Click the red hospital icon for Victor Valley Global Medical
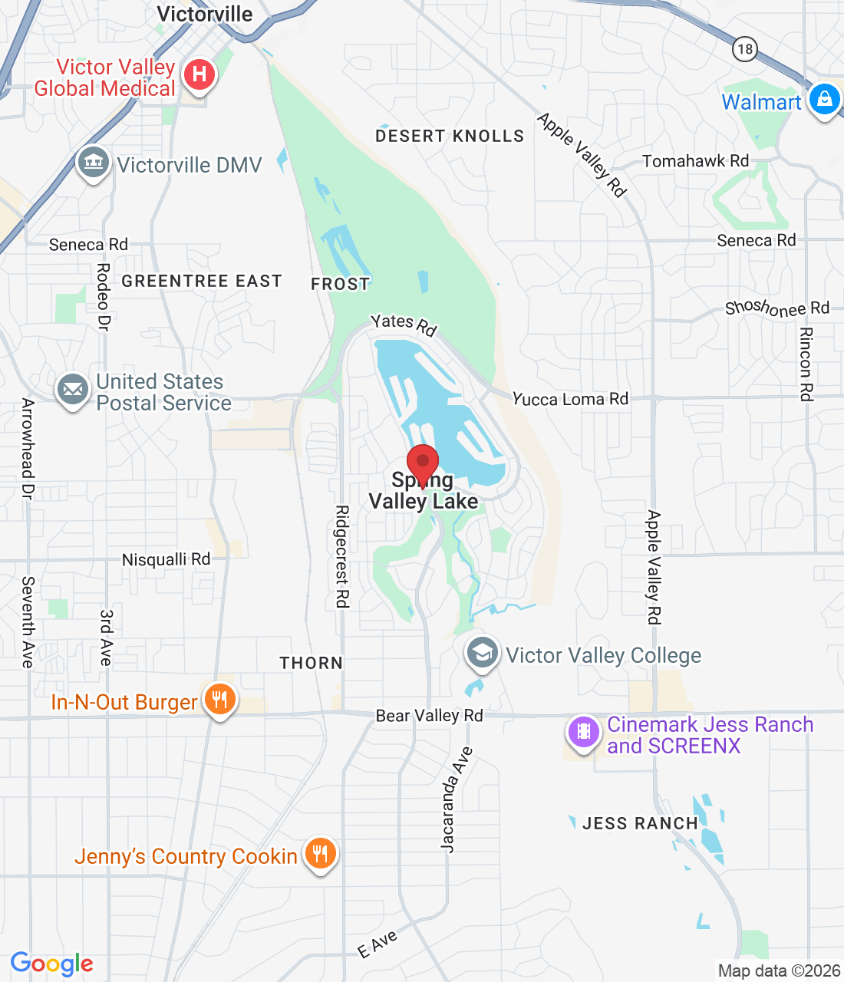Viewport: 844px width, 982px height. [x=199, y=75]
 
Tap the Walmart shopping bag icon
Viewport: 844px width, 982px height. [x=825, y=99]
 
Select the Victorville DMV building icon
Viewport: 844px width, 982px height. [x=94, y=163]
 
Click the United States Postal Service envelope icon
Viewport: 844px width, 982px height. [x=73, y=390]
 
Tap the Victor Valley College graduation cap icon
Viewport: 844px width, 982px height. [x=482, y=654]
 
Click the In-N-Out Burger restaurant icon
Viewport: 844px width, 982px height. [x=219, y=700]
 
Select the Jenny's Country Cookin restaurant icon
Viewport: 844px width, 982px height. [x=320, y=853]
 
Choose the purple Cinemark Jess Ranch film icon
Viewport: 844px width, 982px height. [x=584, y=732]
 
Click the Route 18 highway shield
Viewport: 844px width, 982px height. [x=744, y=50]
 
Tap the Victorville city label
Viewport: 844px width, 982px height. [x=205, y=14]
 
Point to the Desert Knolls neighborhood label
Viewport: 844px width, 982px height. [x=450, y=137]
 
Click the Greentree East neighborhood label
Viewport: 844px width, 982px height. [x=202, y=282]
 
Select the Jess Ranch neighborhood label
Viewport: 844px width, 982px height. [x=640, y=824]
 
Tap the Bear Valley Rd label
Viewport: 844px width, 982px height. [x=429, y=716]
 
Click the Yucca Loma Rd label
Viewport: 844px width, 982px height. [x=570, y=399]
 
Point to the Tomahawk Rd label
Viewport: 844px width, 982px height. [x=695, y=161]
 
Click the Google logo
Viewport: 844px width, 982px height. [x=52, y=964]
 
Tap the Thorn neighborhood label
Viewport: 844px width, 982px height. [x=311, y=663]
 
